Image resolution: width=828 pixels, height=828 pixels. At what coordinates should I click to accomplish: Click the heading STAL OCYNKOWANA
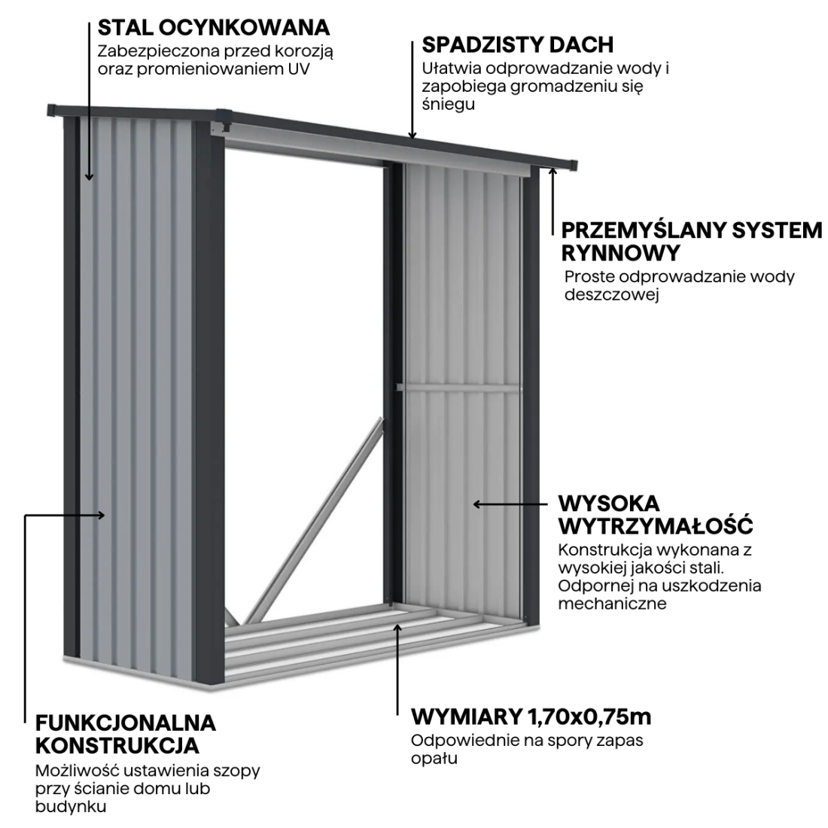pyautogui.click(x=214, y=28)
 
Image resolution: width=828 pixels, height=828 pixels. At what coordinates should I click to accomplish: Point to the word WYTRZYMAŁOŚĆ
pyautogui.click(x=656, y=524)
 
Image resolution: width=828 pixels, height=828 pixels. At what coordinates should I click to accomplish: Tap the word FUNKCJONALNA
pyautogui.click(x=126, y=723)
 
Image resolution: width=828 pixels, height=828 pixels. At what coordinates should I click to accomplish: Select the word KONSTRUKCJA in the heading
pyautogui.click(x=117, y=746)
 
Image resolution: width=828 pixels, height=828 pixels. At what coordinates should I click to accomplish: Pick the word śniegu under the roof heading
pyautogui.click(x=448, y=105)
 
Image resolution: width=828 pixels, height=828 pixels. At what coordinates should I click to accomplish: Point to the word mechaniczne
pyautogui.click(x=612, y=604)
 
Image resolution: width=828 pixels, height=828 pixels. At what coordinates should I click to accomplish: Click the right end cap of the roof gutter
pyautogui.click(x=570, y=163)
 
